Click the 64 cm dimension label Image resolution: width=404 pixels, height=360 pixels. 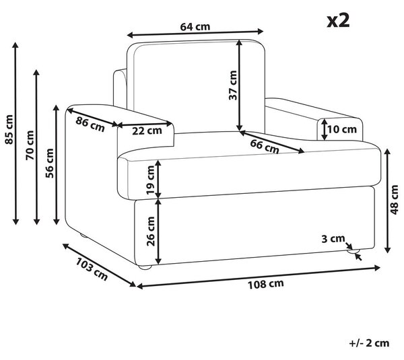coord(195,26)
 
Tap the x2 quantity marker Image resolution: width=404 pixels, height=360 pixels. coord(338,21)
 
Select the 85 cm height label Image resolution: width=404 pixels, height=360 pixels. coord(9,129)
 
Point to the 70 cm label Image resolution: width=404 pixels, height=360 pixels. coord(30,145)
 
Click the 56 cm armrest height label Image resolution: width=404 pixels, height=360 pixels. coord(49,164)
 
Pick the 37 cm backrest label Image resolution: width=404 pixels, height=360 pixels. coord(233,85)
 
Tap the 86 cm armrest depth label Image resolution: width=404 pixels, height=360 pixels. coord(90,124)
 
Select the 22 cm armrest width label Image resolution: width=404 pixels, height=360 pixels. coord(147,131)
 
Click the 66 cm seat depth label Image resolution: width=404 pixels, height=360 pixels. coord(265,147)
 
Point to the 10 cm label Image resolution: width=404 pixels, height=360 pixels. coord(342,129)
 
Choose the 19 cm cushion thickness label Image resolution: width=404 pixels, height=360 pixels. coord(151,180)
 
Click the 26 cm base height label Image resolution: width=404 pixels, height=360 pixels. coord(151,231)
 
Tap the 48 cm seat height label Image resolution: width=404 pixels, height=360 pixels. coord(394,200)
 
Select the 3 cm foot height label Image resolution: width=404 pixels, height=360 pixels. coord(333,239)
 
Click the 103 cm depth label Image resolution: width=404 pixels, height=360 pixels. coord(92,269)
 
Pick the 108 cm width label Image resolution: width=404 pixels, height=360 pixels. coord(266,284)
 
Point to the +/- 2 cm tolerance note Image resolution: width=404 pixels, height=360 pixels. coord(369,343)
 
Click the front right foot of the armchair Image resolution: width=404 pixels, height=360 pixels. coord(353,251)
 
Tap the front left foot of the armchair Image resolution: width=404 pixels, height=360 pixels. coord(145,267)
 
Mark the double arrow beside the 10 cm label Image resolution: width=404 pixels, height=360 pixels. coord(325,129)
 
